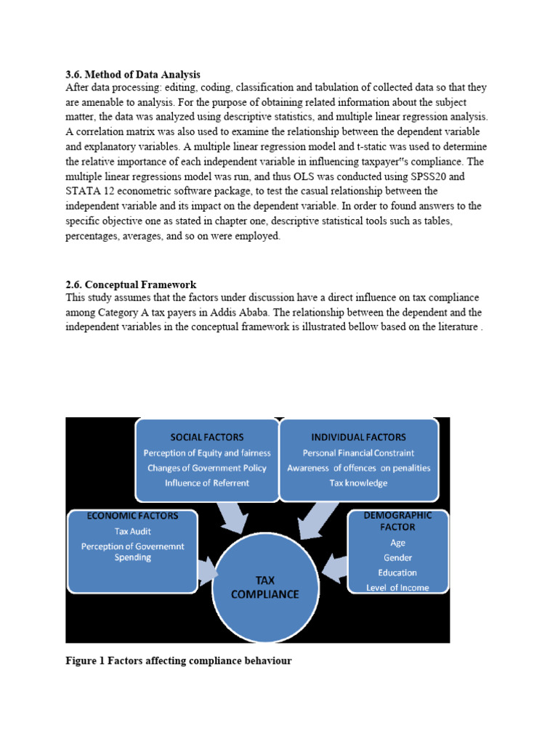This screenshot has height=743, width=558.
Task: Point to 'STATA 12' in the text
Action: (x=89, y=192)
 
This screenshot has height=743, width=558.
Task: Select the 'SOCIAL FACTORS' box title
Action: (x=207, y=437)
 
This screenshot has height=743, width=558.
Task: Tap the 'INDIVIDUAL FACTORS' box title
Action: (x=358, y=437)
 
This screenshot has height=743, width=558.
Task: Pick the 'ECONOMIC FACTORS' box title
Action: (x=132, y=516)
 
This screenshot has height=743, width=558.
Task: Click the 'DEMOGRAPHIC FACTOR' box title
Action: (x=397, y=520)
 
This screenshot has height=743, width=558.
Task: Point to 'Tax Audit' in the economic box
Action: (x=132, y=531)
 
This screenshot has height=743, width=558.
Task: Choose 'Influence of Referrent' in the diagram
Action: (x=207, y=483)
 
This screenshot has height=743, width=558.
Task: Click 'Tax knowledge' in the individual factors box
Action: (x=358, y=483)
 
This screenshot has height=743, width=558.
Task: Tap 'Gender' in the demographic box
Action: (x=397, y=557)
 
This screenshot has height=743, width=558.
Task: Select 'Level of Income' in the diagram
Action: (x=397, y=587)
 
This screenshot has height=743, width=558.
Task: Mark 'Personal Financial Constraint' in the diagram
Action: (x=358, y=453)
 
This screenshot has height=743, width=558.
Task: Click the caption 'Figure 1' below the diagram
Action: (x=86, y=661)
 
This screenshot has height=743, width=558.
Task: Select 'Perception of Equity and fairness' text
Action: (x=207, y=453)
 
